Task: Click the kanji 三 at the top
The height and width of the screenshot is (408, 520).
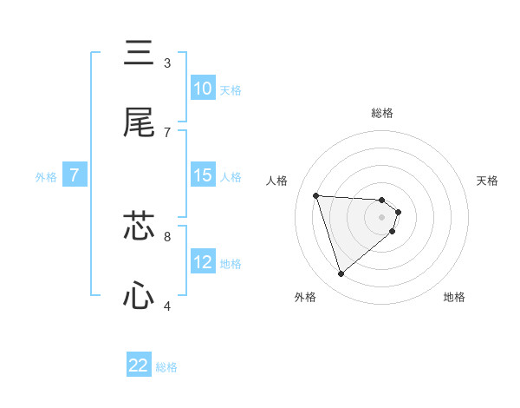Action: tap(139, 54)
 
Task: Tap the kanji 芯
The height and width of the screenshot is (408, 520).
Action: tap(139, 227)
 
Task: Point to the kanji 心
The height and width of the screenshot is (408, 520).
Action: tap(139, 297)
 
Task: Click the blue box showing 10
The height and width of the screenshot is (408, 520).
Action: tap(202, 89)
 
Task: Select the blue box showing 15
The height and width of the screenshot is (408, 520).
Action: tap(202, 175)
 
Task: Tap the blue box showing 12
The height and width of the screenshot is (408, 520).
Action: tap(202, 262)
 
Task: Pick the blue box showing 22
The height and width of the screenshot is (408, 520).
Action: tap(139, 365)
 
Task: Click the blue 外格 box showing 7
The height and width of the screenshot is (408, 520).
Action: tap(75, 175)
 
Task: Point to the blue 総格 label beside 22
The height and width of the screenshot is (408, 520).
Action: tap(166, 367)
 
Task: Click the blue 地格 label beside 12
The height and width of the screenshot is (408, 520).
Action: tap(231, 264)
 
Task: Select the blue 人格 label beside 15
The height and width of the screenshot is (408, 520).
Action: tap(231, 177)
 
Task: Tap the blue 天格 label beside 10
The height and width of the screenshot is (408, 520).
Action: tap(231, 90)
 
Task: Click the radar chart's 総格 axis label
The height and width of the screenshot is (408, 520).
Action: tap(382, 113)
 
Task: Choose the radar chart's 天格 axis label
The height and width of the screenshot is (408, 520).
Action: tap(488, 181)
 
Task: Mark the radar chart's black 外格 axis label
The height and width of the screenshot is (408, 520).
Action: tap(305, 297)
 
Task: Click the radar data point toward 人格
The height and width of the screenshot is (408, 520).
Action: tap(316, 195)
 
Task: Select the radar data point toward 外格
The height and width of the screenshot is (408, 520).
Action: tap(341, 274)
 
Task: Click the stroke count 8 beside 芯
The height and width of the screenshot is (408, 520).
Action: tap(167, 235)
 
